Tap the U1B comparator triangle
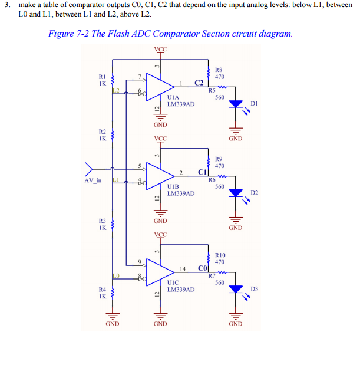click(158, 175)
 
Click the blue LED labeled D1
click(236, 104)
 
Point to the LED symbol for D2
click(236, 193)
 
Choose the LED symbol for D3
click(236, 289)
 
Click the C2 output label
click(199, 82)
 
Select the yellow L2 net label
click(116, 90)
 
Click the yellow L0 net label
click(116, 275)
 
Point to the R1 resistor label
click(102, 76)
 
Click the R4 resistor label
click(102, 290)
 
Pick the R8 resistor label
click(219, 70)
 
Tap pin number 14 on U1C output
click(183, 268)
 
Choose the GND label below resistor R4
click(113, 324)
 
